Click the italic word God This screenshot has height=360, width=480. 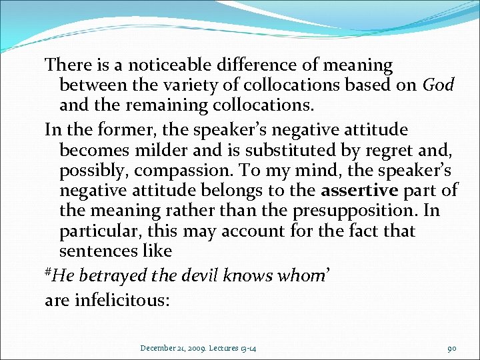439,85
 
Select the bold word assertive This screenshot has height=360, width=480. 359,190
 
